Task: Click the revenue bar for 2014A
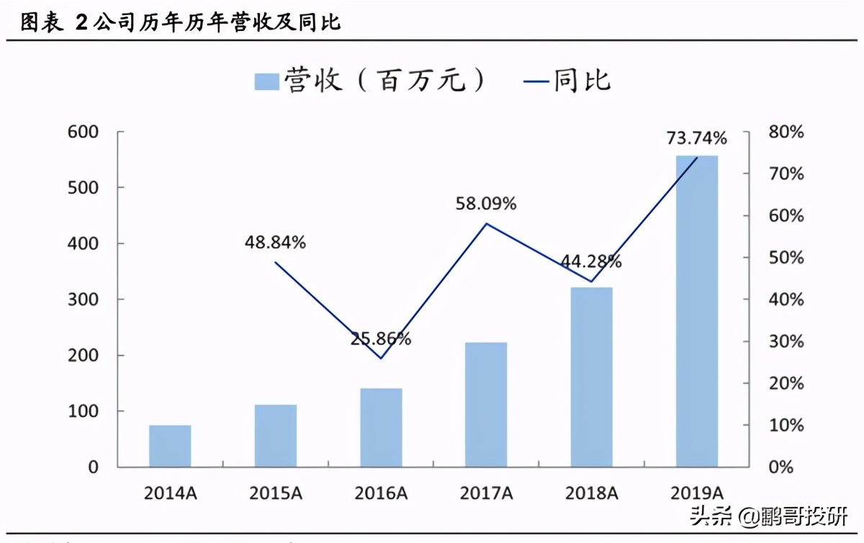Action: [170, 446]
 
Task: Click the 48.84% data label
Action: [275, 243]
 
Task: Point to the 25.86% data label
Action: [381, 338]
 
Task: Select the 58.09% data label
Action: [486, 204]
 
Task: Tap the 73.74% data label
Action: [696, 138]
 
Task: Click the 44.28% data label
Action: [591, 262]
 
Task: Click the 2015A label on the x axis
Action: [276, 493]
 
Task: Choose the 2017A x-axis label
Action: [487, 493]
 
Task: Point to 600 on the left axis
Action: [83, 133]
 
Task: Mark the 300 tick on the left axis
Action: [83, 300]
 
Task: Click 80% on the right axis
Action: [786, 133]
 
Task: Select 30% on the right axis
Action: [786, 341]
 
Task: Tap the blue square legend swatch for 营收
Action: [266, 81]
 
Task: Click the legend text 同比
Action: [582, 80]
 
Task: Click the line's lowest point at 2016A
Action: [381, 359]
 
